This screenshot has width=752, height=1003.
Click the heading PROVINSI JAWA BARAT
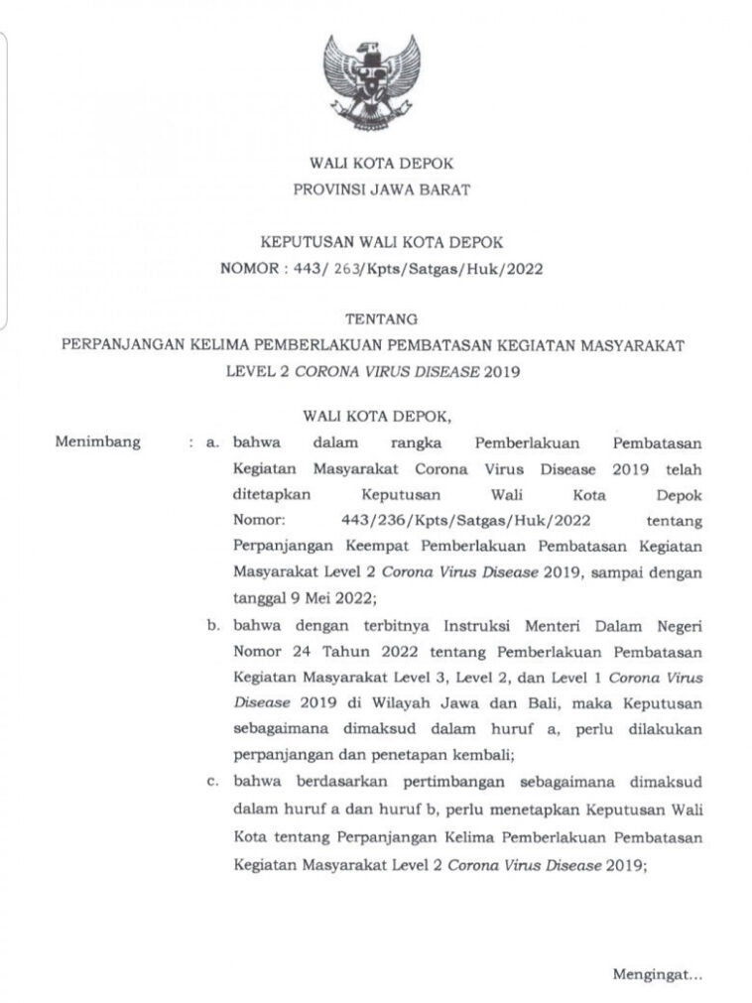[x=375, y=188]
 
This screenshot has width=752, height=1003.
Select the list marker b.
[x=212, y=626]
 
